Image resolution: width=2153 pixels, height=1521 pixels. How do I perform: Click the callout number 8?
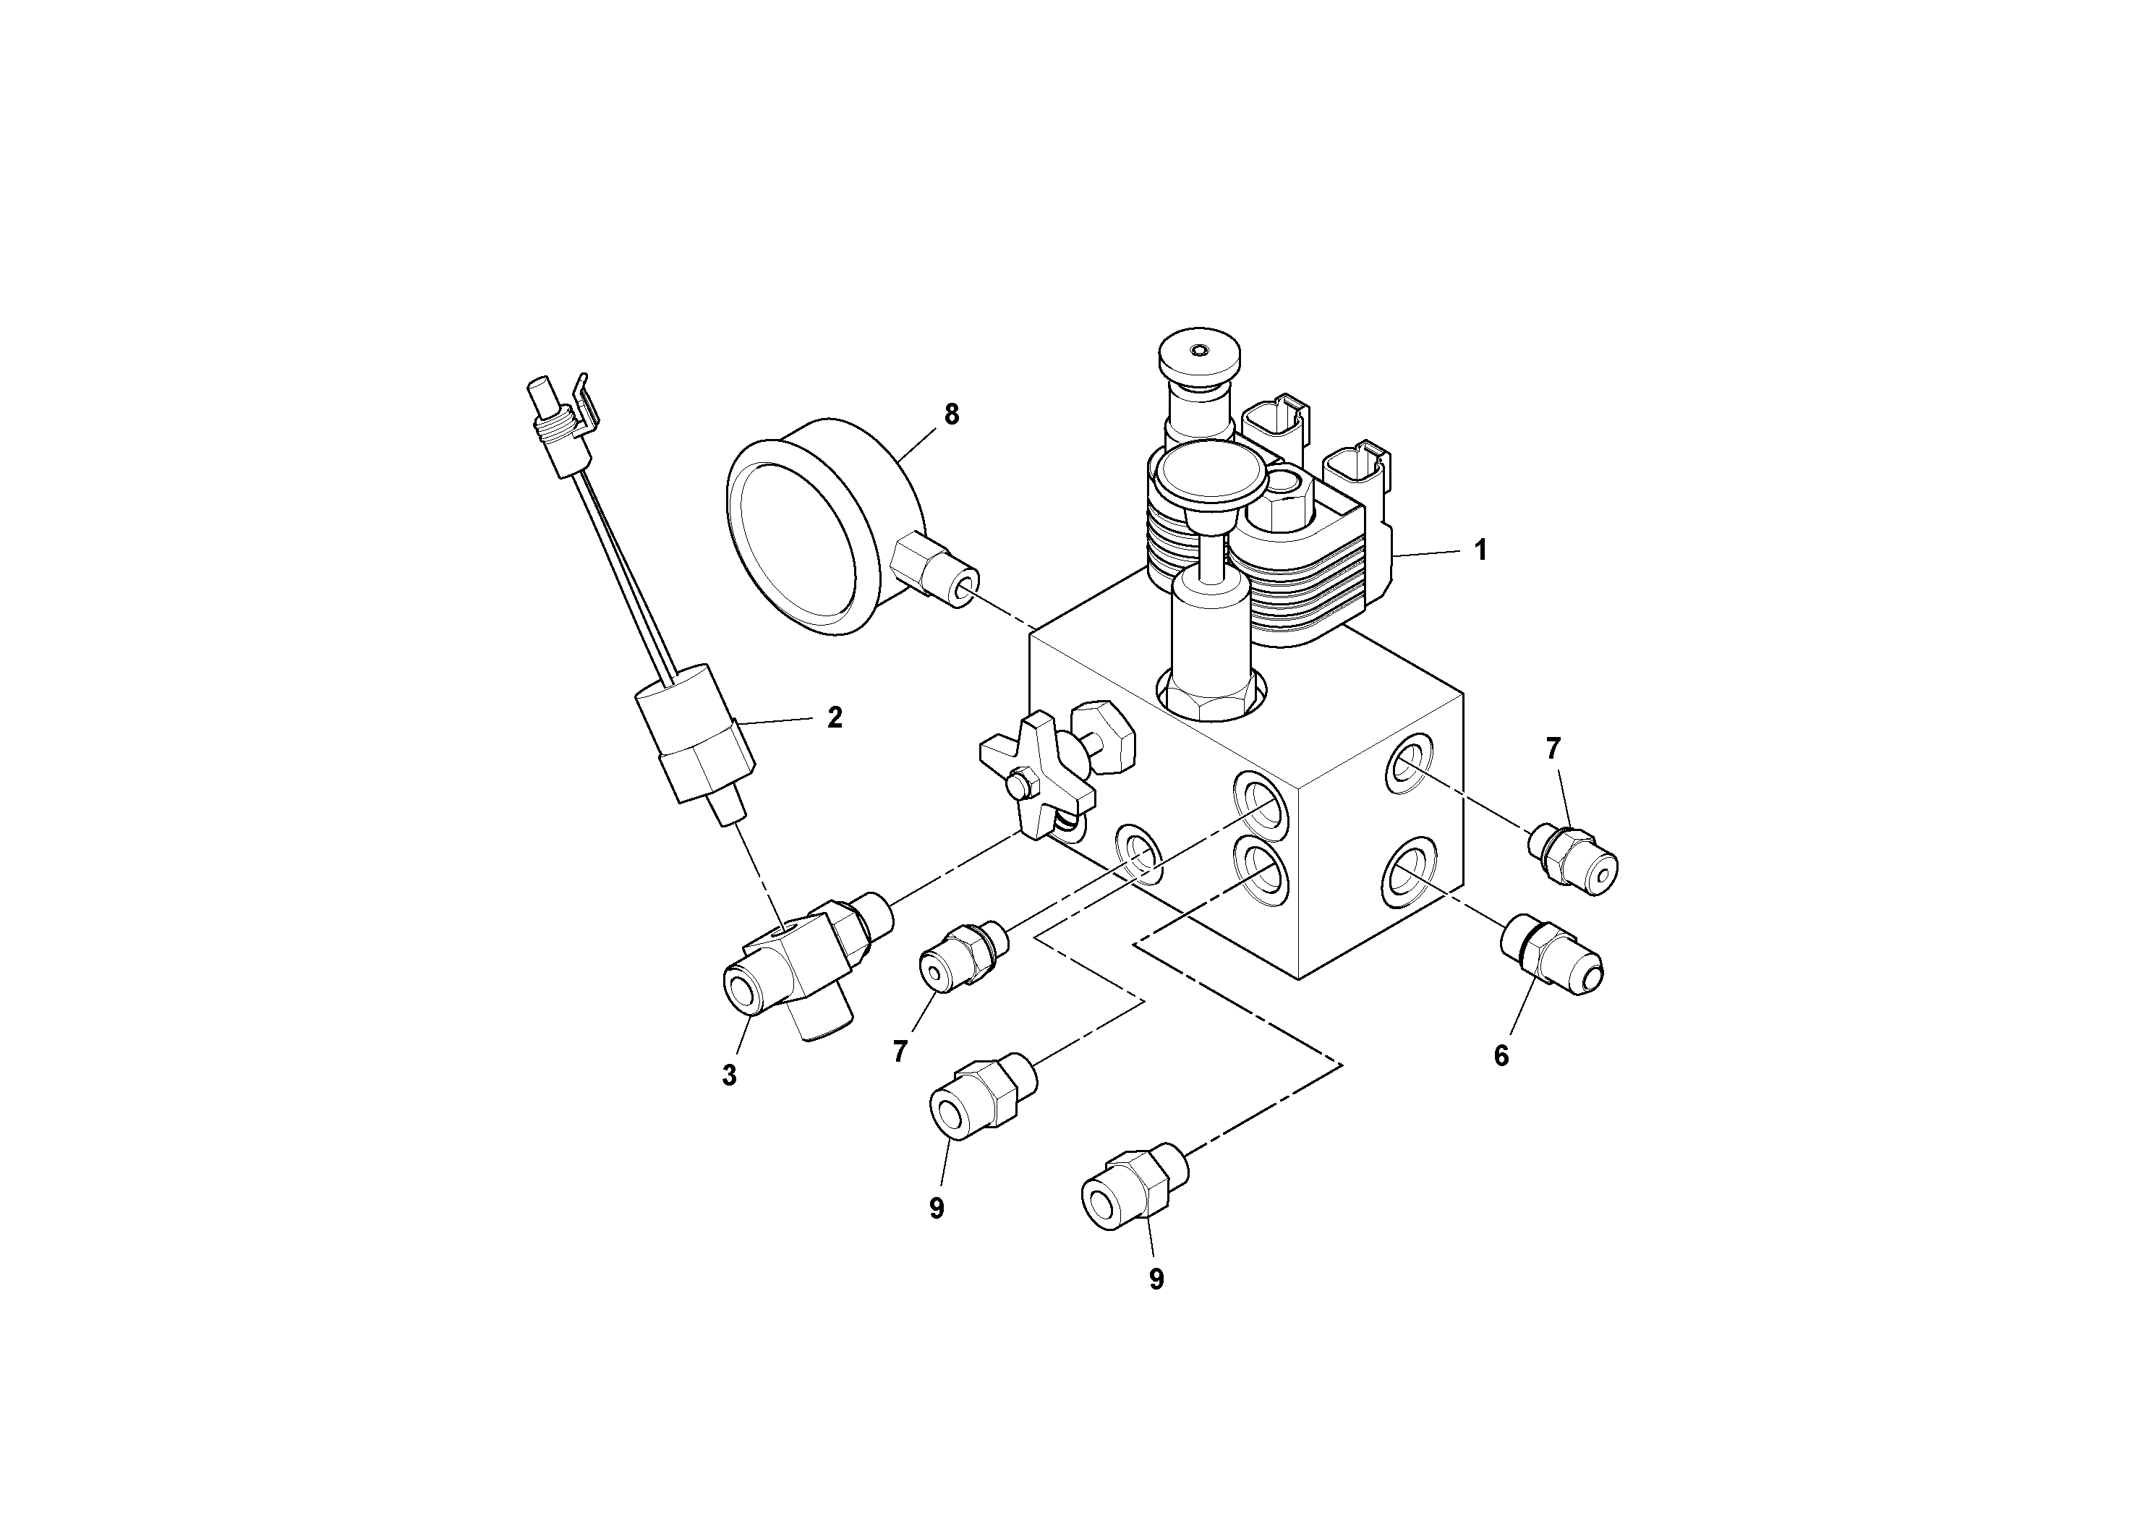pyautogui.click(x=952, y=414)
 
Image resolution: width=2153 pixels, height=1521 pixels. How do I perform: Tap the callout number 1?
pyautogui.click(x=1480, y=550)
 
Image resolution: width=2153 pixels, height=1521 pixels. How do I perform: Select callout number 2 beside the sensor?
pyautogui.click(x=835, y=717)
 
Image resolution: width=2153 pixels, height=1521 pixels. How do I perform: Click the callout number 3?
pyautogui.click(x=730, y=1075)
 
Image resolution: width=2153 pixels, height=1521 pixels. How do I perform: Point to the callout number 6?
pyautogui.click(x=1501, y=1056)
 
